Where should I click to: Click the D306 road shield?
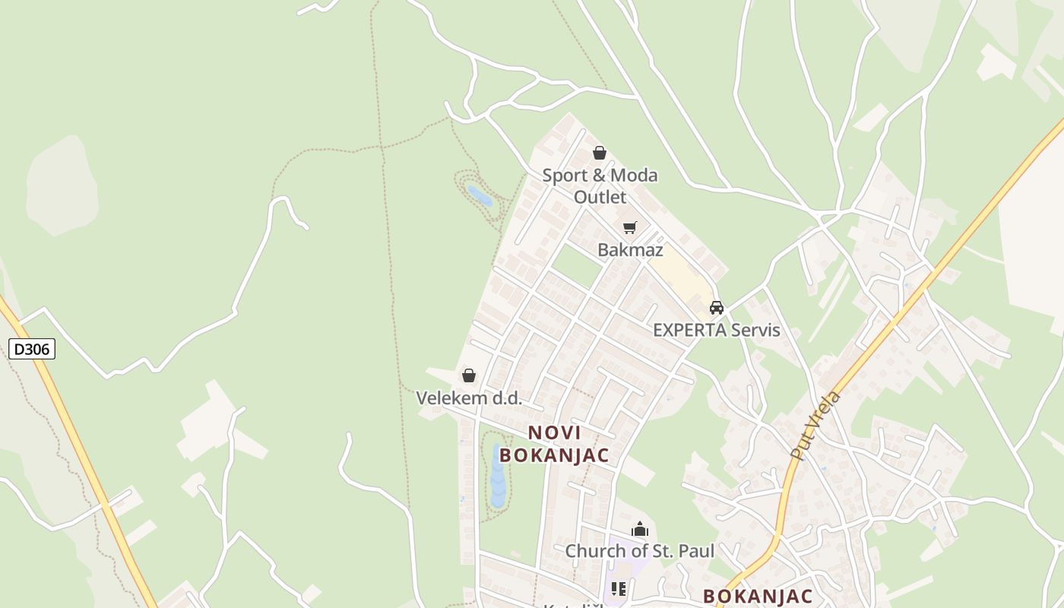(32, 350)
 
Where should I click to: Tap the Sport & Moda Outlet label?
(600, 186)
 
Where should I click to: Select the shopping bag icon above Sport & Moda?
(600, 153)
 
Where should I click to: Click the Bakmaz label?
(630, 250)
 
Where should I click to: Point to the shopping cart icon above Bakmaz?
(629, 227)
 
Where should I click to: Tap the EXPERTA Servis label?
(717, 331)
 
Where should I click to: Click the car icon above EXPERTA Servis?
(716, 308)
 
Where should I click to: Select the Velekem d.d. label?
(469, 397)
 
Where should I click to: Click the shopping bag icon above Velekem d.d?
(469, 375)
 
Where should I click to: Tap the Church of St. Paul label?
(639, 551)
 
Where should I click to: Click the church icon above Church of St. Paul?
(640, 529)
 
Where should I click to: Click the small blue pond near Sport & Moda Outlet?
(480, 196)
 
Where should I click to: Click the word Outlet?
(600, 198)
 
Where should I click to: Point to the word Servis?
(752, 331)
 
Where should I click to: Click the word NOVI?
(554, 433)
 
